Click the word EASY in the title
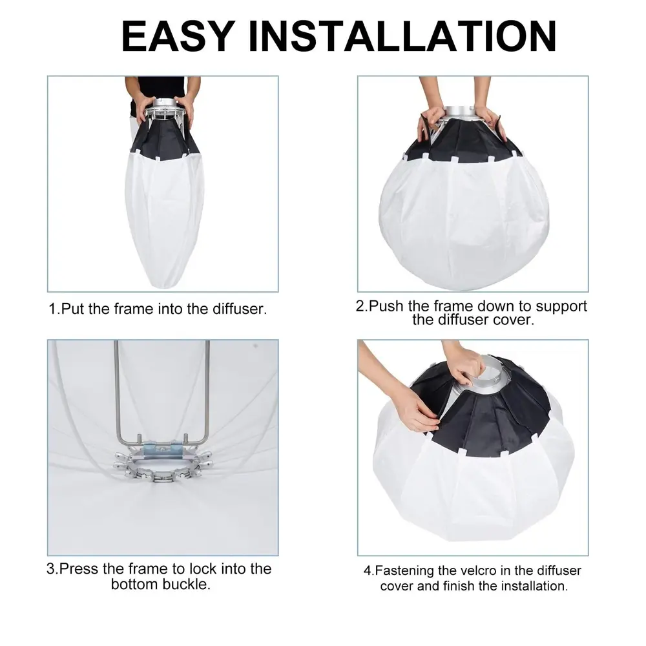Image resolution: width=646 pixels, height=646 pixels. coord(178,36)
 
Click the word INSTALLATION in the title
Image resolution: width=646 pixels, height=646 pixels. coord(402,36)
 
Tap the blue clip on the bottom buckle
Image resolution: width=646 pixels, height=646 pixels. coord(163,447)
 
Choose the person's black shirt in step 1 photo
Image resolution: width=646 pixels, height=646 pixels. coord(163,92)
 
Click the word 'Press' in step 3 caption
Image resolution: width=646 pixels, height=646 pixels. coord(79,568)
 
